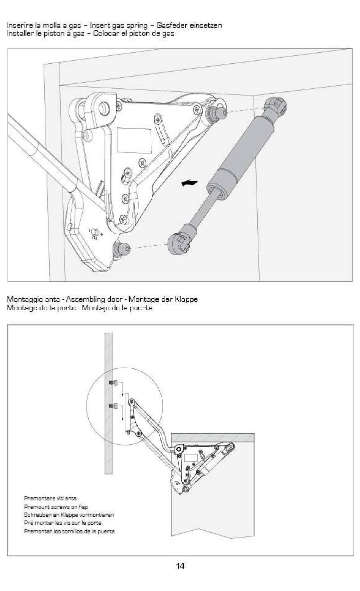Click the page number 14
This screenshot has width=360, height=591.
tap(180, 566)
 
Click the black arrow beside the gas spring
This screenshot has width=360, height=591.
tap(189, 183)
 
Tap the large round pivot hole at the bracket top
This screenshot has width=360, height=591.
tap(104, 109)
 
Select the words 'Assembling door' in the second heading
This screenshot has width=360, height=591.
tap(94, 299)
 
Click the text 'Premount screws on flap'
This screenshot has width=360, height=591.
tap(56, 506)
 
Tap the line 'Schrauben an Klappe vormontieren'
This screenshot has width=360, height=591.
tap(69, 515)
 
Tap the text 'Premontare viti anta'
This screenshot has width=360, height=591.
tap(50, 498)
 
